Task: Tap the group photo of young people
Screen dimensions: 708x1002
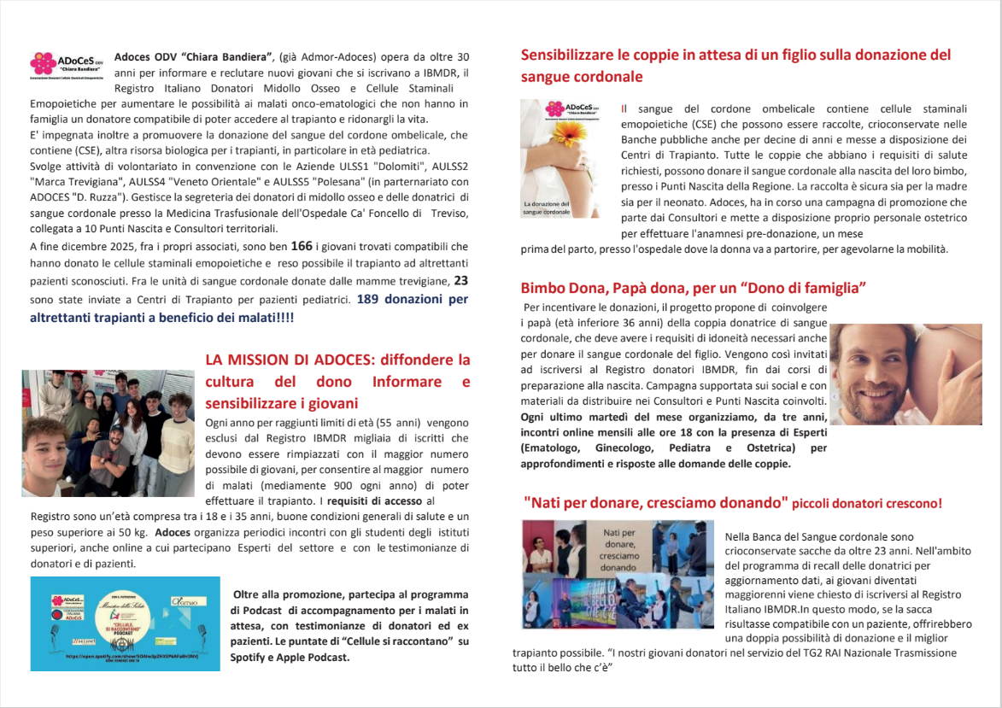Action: click(x=108, y=433)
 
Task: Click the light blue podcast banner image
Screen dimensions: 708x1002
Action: click(x=125, y=623)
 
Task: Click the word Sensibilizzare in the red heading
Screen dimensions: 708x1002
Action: click(x=570, y=55)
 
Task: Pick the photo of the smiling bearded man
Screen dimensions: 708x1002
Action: click(x=906, y=374)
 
